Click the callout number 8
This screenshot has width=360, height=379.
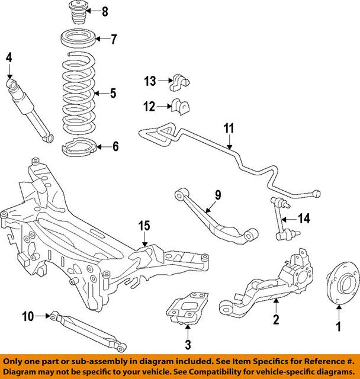pyautogui.click(x=105, y=11)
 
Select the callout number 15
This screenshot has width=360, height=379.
pyautogui.click(x=145, y=225)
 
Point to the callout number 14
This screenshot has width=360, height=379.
pyautogui.click(x=304, y=219)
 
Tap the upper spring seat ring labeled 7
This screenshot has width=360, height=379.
pyautogui.click(x=78, y=41)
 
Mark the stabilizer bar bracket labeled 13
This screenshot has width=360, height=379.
pyautogui.click(x=179, y=81)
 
